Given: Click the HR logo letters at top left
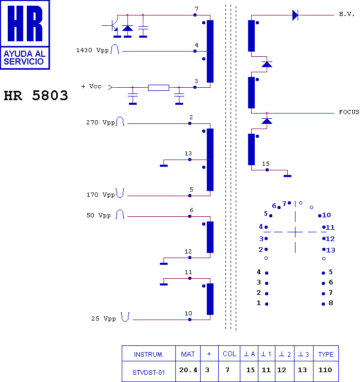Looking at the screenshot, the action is [25, 23].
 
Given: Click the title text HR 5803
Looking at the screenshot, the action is [36, 95].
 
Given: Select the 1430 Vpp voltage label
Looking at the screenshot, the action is [92, 50].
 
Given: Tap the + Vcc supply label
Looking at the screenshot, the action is [91, 86].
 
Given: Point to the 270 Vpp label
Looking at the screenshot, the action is [100, 122].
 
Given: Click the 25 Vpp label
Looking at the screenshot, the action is [104, 319].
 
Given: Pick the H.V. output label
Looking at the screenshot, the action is [347, 14].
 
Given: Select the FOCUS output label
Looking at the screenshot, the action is [349, 112].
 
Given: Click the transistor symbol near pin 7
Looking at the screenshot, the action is [114, 26].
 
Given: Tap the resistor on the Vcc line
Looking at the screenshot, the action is [158, 87].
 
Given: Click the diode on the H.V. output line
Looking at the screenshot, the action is [295, 15].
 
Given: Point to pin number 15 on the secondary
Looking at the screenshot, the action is [266, 164].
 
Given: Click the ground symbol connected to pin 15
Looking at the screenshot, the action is [287, 176].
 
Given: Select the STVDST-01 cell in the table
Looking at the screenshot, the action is [149, 372].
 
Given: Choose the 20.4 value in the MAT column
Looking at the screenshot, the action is [188, 370].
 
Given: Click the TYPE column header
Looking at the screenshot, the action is [325, 354].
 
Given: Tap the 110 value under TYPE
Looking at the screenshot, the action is [325, 370].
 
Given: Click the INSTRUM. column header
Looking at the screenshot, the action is [149, 354].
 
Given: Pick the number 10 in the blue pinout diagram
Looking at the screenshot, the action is [326, 215].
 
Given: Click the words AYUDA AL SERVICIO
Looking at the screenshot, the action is [25, 57].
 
